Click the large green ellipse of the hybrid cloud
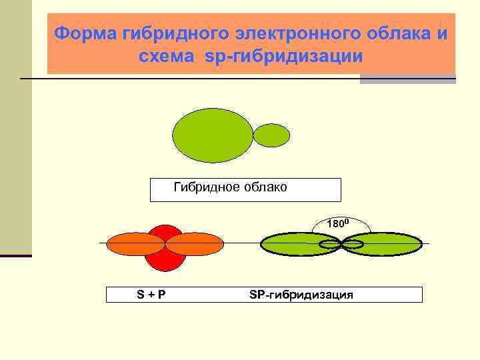pyautogui.click(x=212, y=135)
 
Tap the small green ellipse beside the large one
pyautogui.click(x=272, y=135)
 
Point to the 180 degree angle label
pyautogui.click(x=338, y=223)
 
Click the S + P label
pyautogui.click(x=152, y=295)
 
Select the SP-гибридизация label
pyautogui.click(x=301, y=295)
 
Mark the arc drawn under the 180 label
pyautogui.click(x=315, y=229)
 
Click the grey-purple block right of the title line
pyautogui.click(x=407, y=79)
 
